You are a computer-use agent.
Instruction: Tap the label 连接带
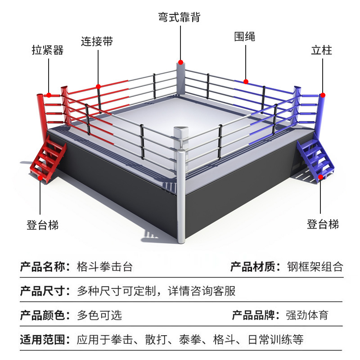pyautogui.click(x=97, y=41)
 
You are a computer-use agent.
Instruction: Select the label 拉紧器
pyautogui.click(x=48, y=50)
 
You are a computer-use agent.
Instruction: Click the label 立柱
pyautogui.click(x=321, y=50)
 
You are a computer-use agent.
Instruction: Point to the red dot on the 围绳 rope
pyautogui.click(x=246, y=81)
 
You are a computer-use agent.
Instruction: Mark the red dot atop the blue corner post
pyautogui.click(x=322, y=95)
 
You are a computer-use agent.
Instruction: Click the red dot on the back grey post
pyautogui.click(x=180, y=62)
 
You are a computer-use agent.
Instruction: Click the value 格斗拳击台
pyautogui.click(x=105, y=266)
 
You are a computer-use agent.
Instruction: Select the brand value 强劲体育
pyautogui.click(x=307, y=315)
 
